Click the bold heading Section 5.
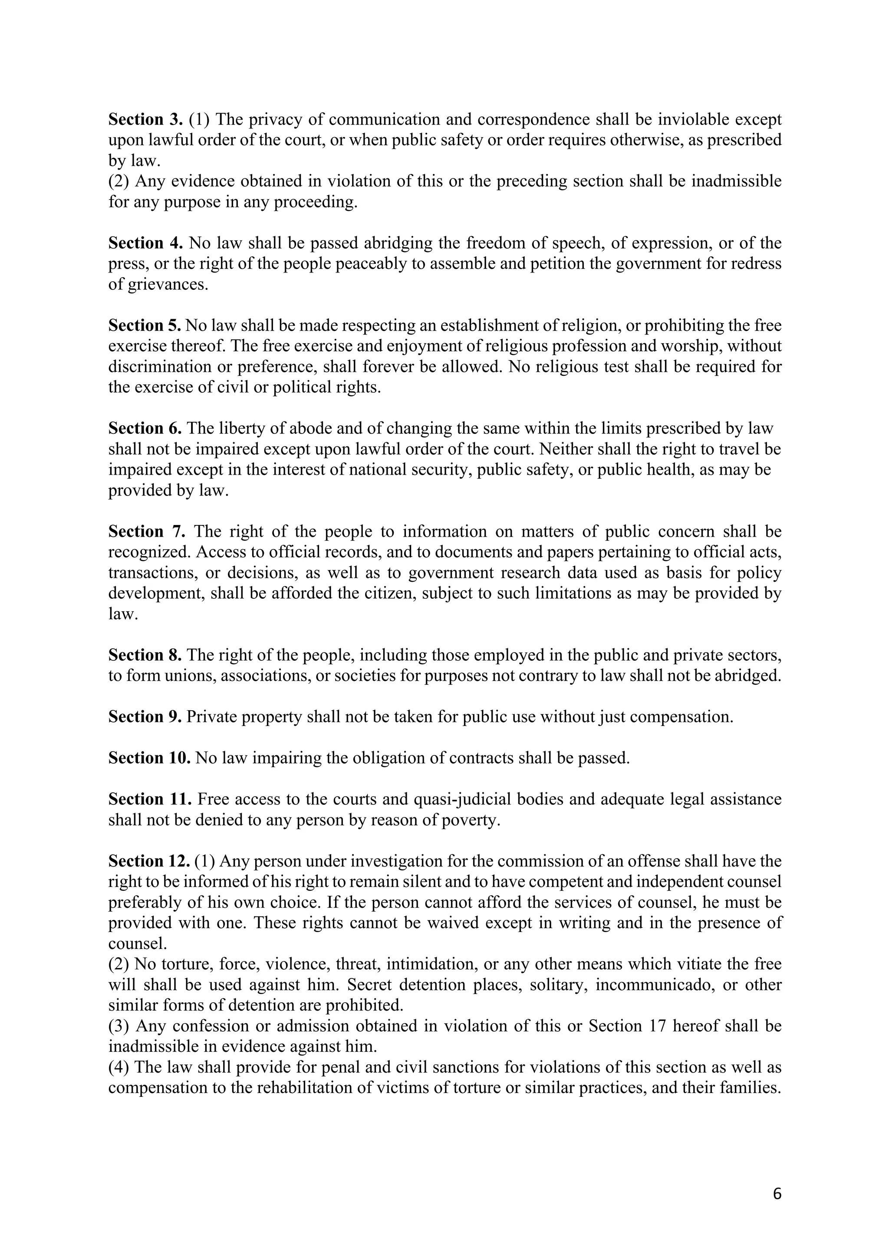pyautogui.click(x=145, y=326)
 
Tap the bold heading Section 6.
pyautogui.click(x=145, y=429)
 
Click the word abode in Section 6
pyautogui.click(x=308, y=429)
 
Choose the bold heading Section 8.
pyautogui.click(x=145, y=655)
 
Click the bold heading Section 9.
pyautogui.click(x=145, y=717)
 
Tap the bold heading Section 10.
pyautogui.click(x=149, y=758)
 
